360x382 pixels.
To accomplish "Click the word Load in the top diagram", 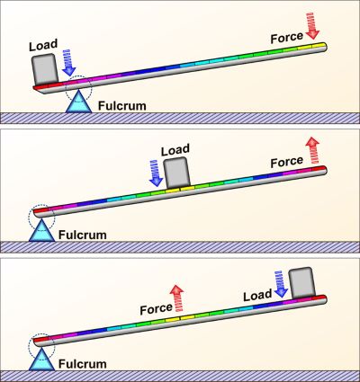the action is click(x=43, y=45).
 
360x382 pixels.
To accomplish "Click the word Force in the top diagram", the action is click(x=287, y=38).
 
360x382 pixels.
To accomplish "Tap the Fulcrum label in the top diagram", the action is click(x=122, y=105).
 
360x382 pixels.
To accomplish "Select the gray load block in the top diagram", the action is click(x=45, y=69).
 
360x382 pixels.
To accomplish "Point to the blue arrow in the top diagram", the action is click(x=69, y=62).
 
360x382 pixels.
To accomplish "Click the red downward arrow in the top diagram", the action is click(x=313, y=26).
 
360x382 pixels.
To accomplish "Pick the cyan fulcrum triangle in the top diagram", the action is click(x=78, y=102).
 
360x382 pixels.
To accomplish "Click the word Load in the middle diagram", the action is click(x=175, y=150).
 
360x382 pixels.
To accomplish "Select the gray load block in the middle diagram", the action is click(x=177, y=172).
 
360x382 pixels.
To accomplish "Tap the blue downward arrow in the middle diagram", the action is click(x=156, y=173).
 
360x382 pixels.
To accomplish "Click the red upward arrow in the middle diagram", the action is click(x=313, y=150).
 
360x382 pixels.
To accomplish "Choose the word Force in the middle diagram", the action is click(x=287, y=162).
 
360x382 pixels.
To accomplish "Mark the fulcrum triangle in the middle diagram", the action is click(x=41, y=230).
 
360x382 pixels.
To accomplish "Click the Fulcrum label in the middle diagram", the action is click(x=83, y=235).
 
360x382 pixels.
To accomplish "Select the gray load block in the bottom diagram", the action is click(x=302, y=283).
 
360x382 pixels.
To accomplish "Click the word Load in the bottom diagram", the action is click(x=257, y=295).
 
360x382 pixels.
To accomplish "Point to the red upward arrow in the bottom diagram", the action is click(x=177, y=299).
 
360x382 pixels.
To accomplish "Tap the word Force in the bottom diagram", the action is click(x=157, y=309).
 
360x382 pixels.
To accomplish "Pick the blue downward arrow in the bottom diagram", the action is click(x=281, y=284).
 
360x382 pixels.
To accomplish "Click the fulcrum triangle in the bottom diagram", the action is click(x=41, y=359).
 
